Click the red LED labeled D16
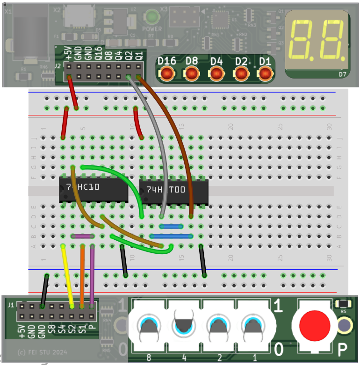[167, 73]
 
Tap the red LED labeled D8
[192, 73]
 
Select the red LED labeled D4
[216, 73]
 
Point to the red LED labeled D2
[241, 73]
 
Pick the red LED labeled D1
[265, 73]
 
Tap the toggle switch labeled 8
[149, 327]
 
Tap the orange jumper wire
[82, 276]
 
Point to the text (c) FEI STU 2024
[42, 352]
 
